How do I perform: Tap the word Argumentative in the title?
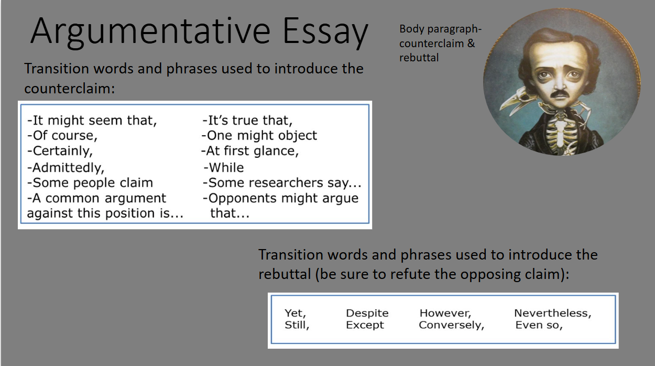[150, 31]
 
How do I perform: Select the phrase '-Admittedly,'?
[66, 168]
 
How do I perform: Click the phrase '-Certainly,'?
[60, 151]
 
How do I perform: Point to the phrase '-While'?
[224, 168]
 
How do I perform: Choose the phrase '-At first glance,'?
[250, 151]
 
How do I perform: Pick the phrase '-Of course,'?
[62, 135]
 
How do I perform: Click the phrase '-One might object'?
[259, 135]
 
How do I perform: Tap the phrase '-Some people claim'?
[90, 183]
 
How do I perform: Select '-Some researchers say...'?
[282, 183]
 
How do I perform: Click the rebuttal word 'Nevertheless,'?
[553, 314]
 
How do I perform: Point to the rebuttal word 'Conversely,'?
[452, 325]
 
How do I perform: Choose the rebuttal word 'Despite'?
[367, 314]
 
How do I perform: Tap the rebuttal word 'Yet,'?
[296, 314]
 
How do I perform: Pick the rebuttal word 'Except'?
[365, 325]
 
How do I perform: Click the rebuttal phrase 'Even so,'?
[539, 325]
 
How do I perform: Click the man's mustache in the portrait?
[560, 94]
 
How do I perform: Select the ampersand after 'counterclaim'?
[471, 44]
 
